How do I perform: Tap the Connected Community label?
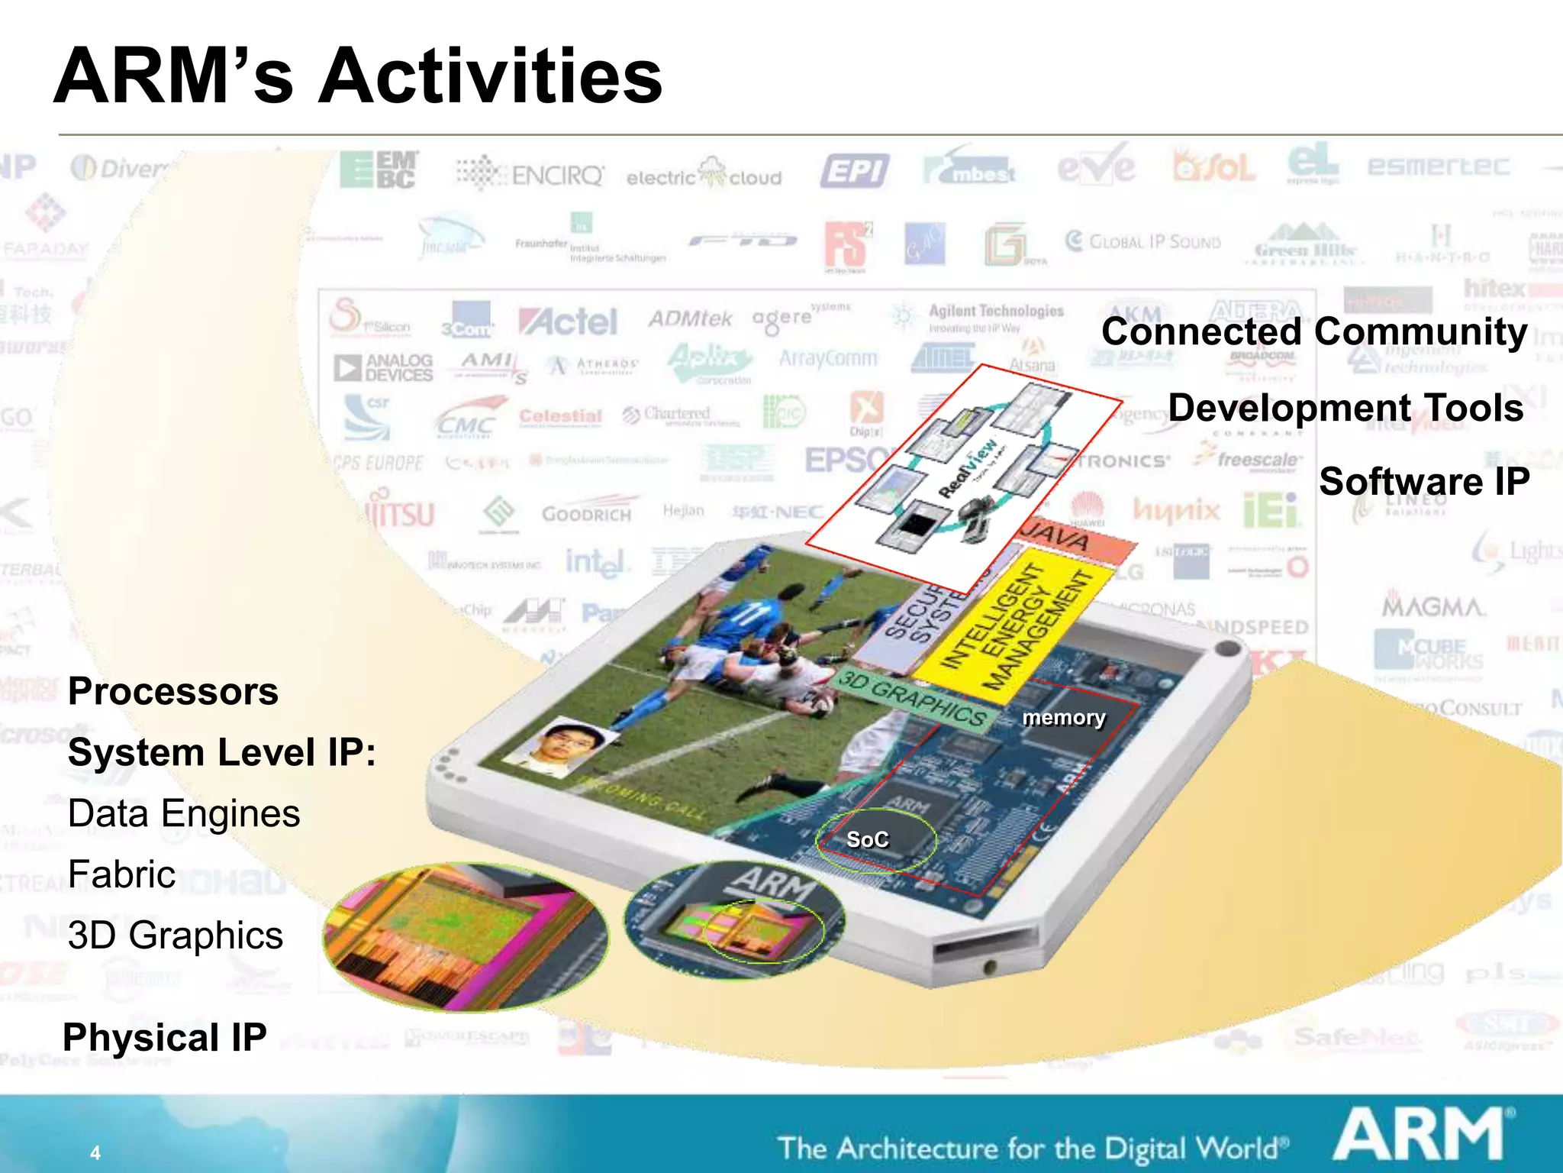[1314, 332]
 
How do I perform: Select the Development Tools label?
[1345, 408]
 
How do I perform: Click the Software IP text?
[1424, 482]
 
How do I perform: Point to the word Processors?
[173, 691]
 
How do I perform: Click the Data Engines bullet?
[184, 813]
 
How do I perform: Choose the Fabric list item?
[121, 874]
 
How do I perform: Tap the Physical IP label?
[165, 1038]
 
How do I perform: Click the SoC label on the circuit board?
[868, 840]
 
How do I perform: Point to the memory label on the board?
[1064, 718]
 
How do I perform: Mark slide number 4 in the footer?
[95, 1152]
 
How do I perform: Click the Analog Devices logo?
[384, 367]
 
